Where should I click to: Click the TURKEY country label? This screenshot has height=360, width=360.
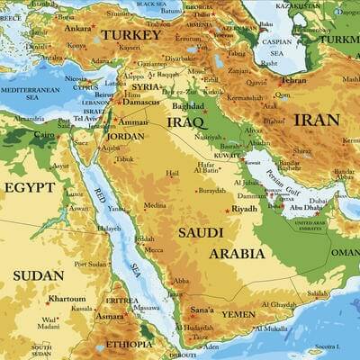pos(130,34)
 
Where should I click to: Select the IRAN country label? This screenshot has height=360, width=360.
pos(316,119)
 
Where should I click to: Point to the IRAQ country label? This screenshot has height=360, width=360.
pos(185,121)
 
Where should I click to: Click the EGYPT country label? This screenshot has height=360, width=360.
pos(29,187)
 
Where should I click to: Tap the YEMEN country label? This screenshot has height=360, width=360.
pos(238,314)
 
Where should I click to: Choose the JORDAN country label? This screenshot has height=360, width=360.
pos(126,136)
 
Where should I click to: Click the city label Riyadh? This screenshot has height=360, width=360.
pos(244,208)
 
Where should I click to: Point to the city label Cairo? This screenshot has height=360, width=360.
pos(44,134)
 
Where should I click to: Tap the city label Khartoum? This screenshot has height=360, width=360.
pos(67,298)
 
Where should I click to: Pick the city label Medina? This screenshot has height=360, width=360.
pos(155,205)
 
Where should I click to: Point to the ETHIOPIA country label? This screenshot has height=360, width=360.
pos(129,344)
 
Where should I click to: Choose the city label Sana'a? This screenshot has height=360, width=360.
pos(201,310)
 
